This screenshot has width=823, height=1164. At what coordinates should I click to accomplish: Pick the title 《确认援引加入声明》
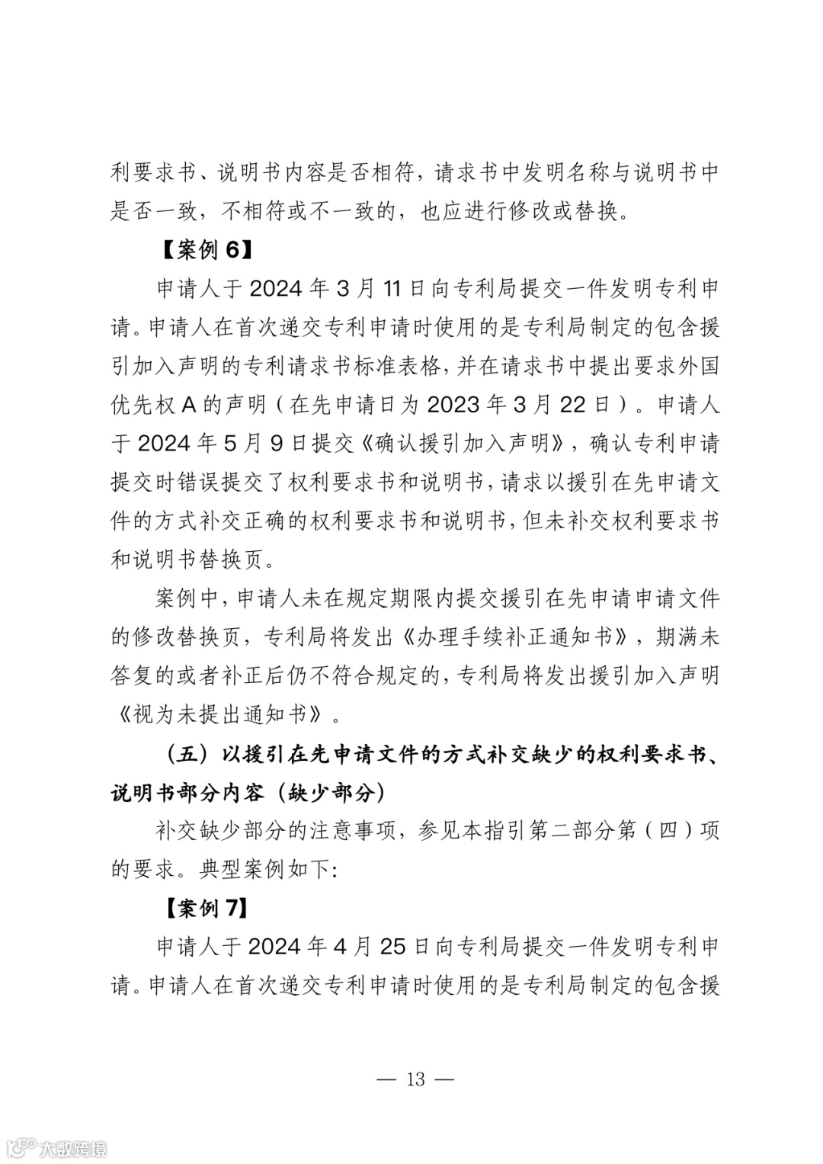[461, 443]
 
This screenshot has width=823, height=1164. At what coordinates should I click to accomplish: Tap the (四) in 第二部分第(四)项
[668, 831]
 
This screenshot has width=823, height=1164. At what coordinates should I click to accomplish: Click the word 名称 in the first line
[588, 172]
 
